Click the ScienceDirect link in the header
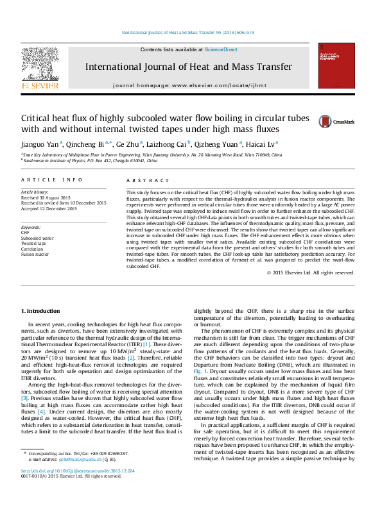(x=221, y=49)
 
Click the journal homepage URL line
(x=191, y=85)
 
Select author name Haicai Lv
(x=262, y=144)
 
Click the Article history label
(x=35, y=192)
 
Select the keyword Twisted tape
(x=33, y=244)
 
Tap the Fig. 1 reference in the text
(x=200, y=372)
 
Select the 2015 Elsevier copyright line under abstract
(x=311, y=272)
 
